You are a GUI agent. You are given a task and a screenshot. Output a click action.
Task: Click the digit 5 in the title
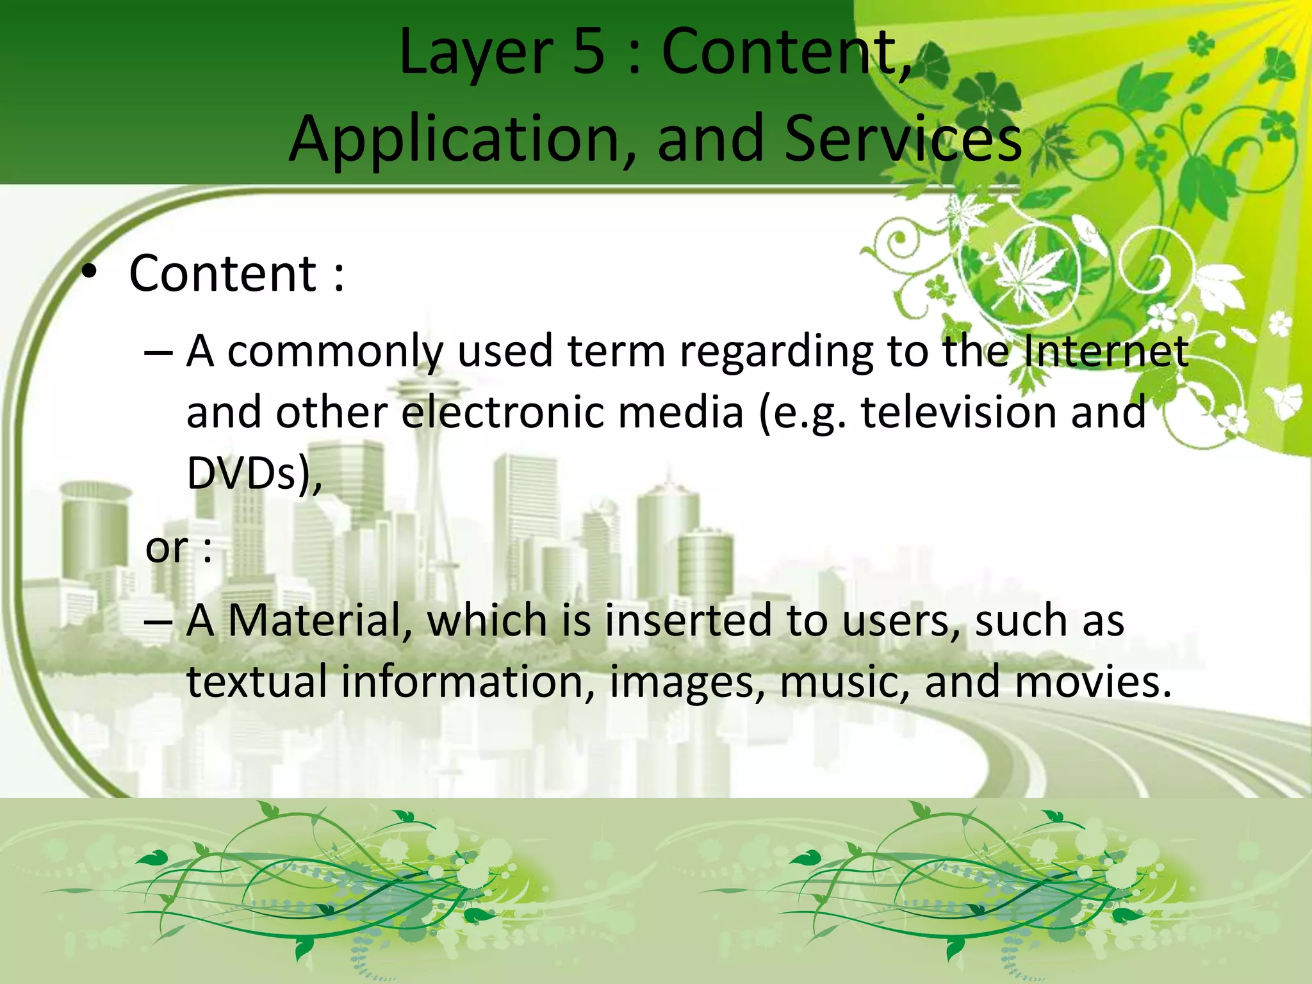587,53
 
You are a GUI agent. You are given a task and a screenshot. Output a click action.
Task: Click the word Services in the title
903,139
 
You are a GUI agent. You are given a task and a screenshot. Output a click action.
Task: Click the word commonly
335,352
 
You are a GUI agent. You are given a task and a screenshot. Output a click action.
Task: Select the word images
687,682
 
